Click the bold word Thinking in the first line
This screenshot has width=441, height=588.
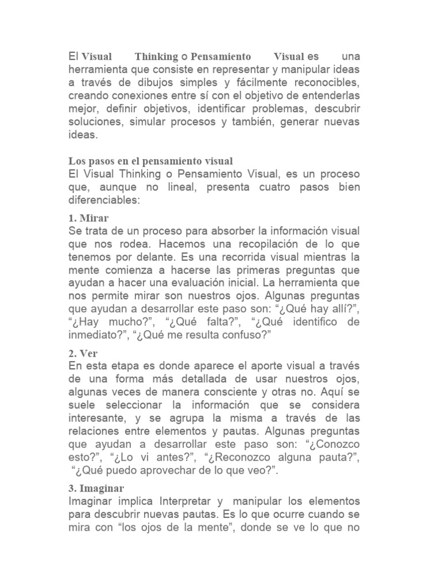coord(156,57)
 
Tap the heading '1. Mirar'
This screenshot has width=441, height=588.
coord(88,218)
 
